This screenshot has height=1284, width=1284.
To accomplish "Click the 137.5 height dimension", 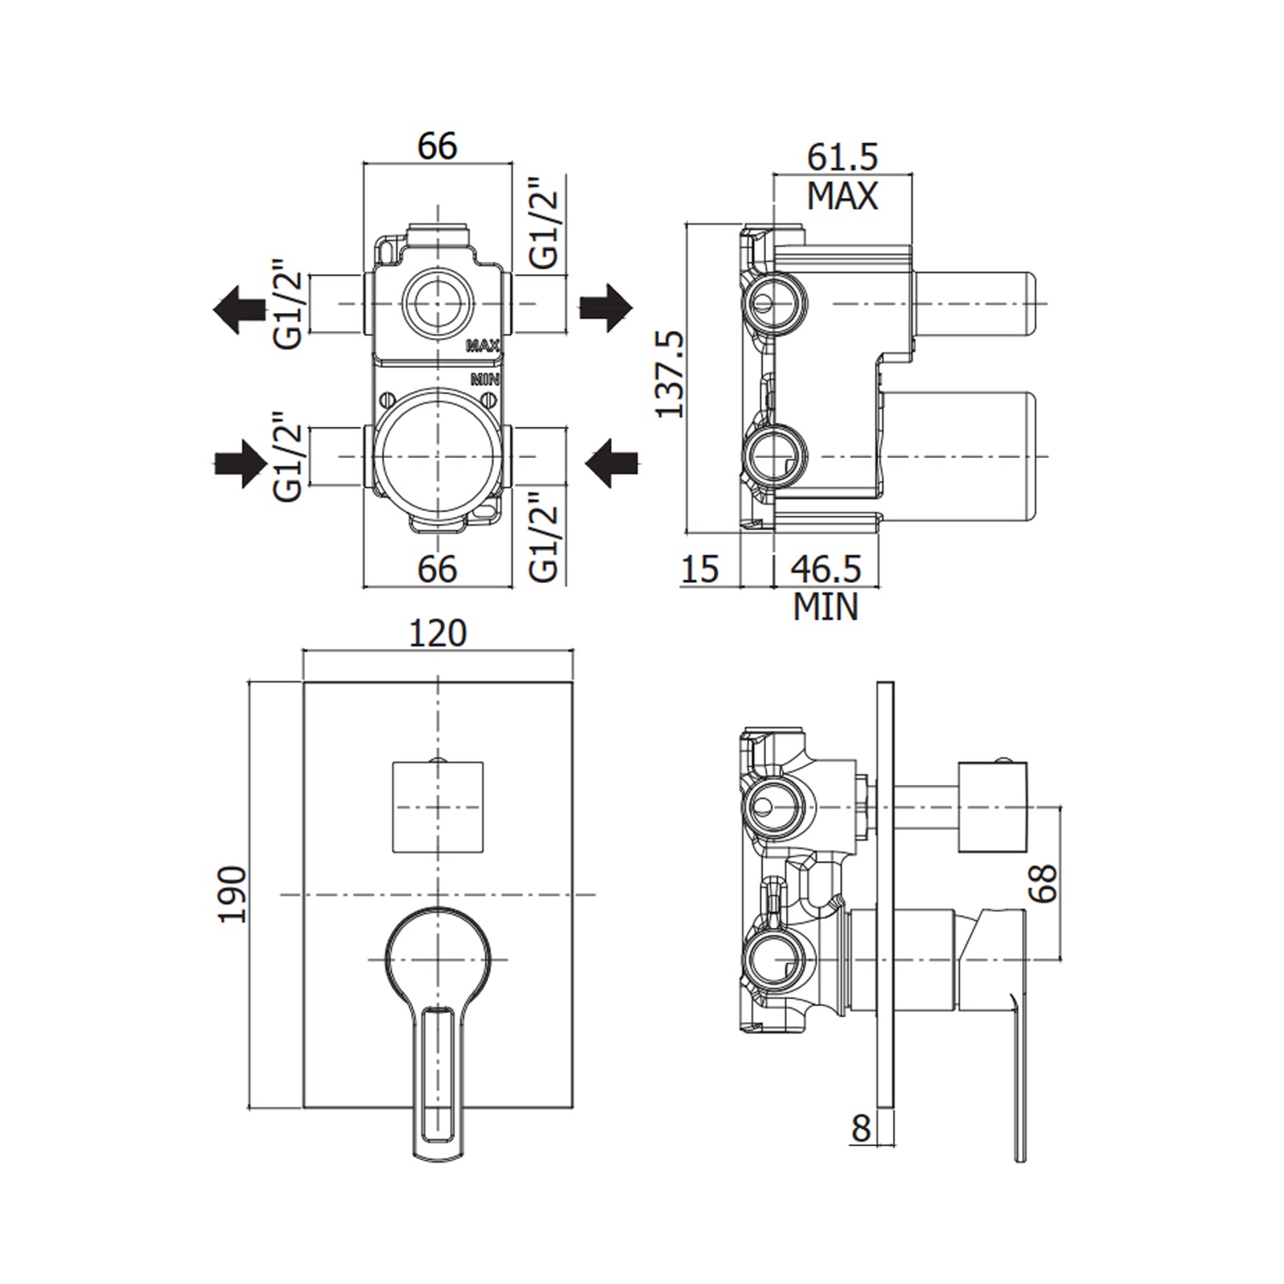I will click(670, 374).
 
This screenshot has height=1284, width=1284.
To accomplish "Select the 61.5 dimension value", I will click(842, 157).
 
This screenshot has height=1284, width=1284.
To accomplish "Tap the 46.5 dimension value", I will click(825, 569).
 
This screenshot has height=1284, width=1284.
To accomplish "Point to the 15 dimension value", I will click(700, 569).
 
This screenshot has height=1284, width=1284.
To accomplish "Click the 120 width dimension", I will click(437, 633).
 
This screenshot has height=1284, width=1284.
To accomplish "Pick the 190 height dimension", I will click(233, 894).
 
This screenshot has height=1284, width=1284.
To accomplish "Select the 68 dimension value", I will click(1043, 883).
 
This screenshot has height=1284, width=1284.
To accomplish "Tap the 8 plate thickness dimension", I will click(860, 1127).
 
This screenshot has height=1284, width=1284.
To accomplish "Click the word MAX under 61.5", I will click(842, 197).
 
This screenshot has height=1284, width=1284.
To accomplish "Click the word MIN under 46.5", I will click(825, 607).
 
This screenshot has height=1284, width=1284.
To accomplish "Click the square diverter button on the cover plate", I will click(437, 806).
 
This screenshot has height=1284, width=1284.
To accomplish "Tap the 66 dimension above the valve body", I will click(437, 146).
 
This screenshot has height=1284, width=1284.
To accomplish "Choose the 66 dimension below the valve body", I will click(437, 569).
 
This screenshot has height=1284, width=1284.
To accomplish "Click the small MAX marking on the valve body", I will click(483, 346).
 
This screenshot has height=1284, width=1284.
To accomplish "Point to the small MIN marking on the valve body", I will click(484, 377).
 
